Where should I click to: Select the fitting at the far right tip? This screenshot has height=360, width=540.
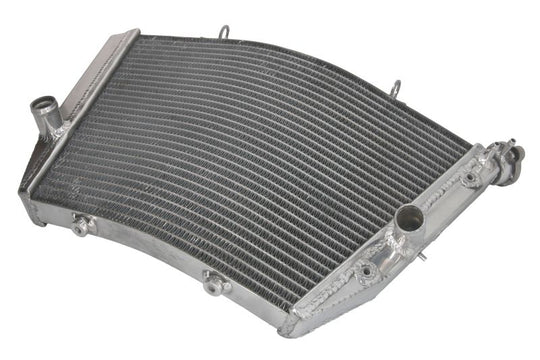[x=512, y=156]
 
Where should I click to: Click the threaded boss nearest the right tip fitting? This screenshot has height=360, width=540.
[x=468, y=180]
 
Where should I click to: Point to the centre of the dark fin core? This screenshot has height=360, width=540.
[x=250, y=170]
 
